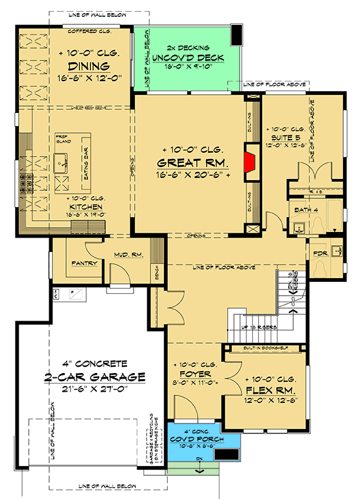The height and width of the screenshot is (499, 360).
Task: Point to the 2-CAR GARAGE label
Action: click(94, 377)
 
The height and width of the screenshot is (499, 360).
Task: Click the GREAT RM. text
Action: click(193, 163)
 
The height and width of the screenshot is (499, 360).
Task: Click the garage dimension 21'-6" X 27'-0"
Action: click(94, 390)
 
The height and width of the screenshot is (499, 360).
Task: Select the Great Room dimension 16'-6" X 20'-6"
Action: click(193, 176)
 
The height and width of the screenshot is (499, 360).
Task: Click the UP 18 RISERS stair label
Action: click(258, 326)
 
